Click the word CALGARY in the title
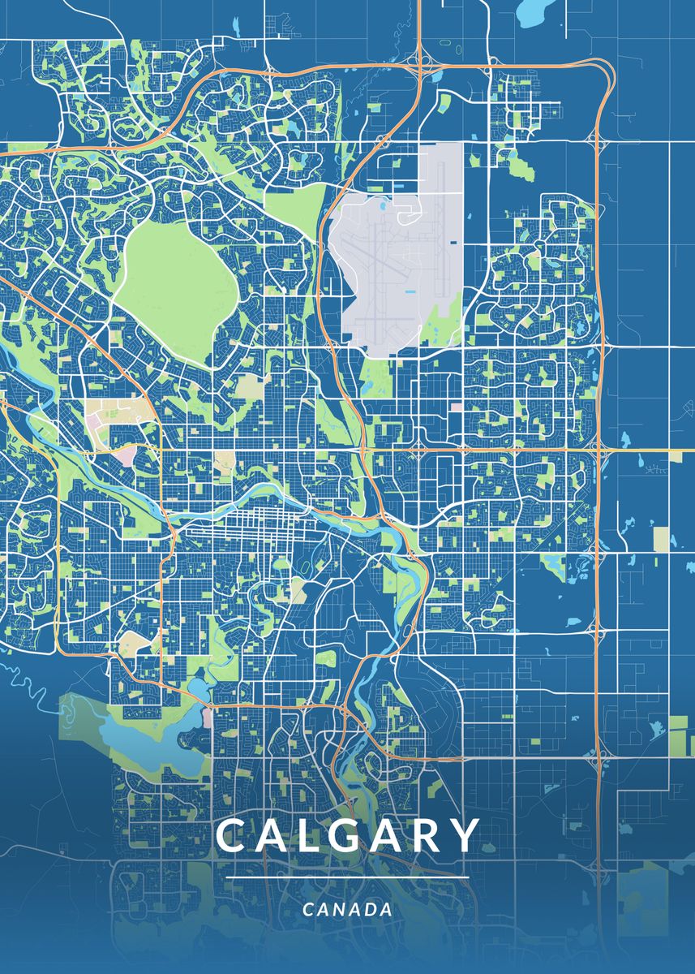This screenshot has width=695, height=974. pyautogui.click(x=348, y=836)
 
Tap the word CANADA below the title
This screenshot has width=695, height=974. pyautogui.click(x=347, y=910)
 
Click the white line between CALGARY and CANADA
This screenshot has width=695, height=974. pyautogui.click(x=347, y=877)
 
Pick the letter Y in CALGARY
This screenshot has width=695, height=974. pyautogui.click(x=465, y=836)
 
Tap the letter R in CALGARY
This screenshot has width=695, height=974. pyautogui.click(x=427, y=836)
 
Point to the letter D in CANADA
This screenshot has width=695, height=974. pyautogui.click(x=367, y=910)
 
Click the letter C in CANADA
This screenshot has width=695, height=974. pyautogui.click(x=308, y=910)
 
